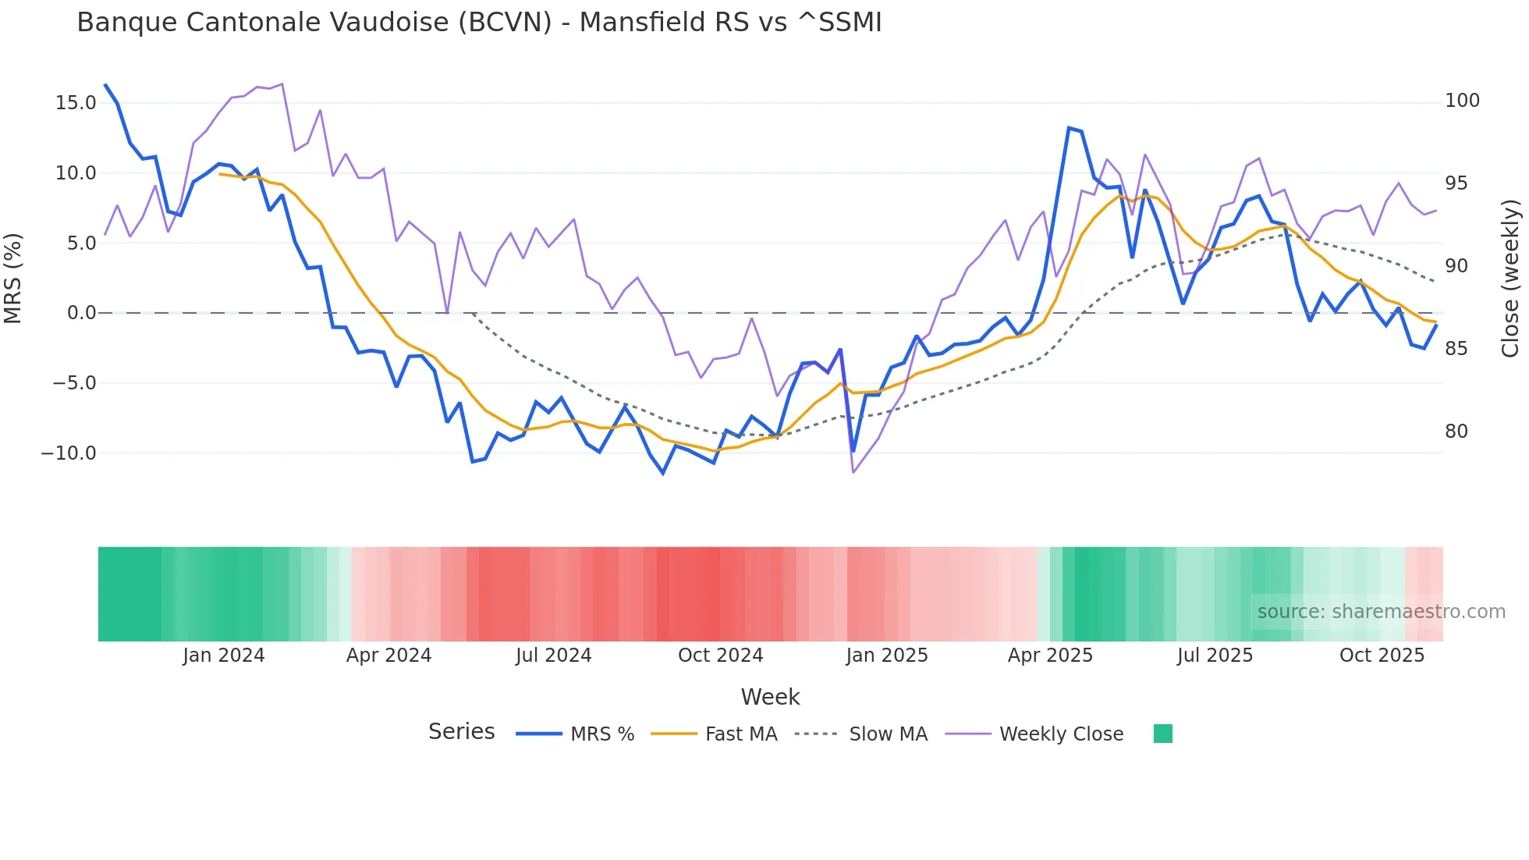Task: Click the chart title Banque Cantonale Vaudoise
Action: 479,23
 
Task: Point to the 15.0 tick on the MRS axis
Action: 76,103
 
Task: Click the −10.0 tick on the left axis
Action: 69,453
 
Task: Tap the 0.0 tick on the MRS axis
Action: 81,313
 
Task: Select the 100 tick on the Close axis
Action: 1462,101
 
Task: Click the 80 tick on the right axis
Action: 1456,432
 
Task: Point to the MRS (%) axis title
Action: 13,278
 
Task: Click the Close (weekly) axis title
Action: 1511,278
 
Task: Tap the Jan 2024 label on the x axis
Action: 224,656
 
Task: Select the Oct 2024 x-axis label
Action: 720,656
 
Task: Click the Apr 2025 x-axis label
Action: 1050,656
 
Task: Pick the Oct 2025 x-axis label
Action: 1382,656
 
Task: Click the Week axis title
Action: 770,697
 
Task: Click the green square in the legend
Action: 1162,734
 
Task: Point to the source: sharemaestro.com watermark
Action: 1381,612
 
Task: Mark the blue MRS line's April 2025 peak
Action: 1069,128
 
